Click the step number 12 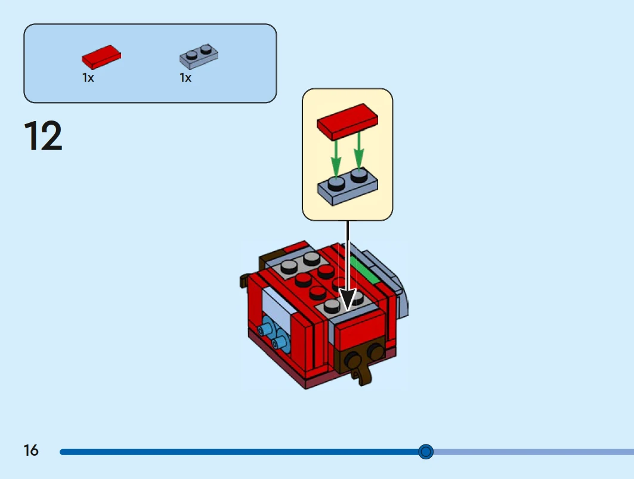point(43,136)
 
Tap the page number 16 point(31,450)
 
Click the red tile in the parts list point(101,57)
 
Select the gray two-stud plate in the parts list point(199,55)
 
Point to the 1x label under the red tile point(88,78)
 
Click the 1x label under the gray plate point(185,78)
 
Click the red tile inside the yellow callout point(347,122)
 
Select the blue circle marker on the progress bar point(425,452)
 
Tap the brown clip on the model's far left point(245,281)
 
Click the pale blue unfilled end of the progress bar point(537,452)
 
